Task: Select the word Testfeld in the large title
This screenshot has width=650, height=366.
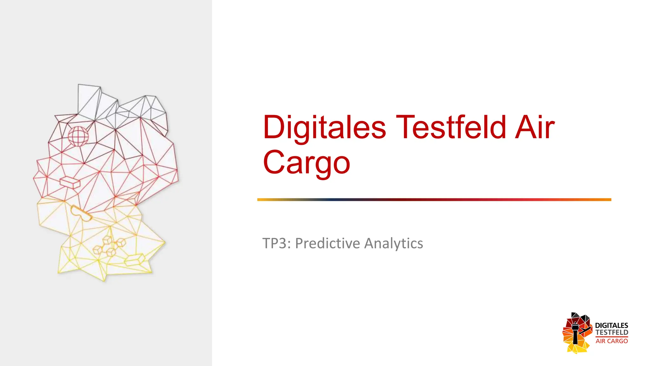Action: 451,128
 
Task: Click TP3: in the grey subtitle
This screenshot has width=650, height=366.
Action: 276,243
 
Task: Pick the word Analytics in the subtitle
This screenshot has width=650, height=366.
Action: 393,243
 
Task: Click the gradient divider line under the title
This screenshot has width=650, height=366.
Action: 434,200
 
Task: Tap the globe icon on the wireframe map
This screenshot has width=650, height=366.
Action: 78,136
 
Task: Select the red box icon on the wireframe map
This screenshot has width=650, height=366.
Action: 70,182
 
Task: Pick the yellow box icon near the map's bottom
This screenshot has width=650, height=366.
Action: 135,260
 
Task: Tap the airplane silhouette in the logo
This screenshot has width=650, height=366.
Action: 585,329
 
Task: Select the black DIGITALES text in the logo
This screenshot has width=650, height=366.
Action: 611,325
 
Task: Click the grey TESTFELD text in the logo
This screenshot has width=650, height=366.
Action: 611,332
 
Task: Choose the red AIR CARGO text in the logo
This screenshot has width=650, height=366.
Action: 611,341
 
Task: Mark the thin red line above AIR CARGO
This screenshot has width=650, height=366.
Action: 611,337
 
